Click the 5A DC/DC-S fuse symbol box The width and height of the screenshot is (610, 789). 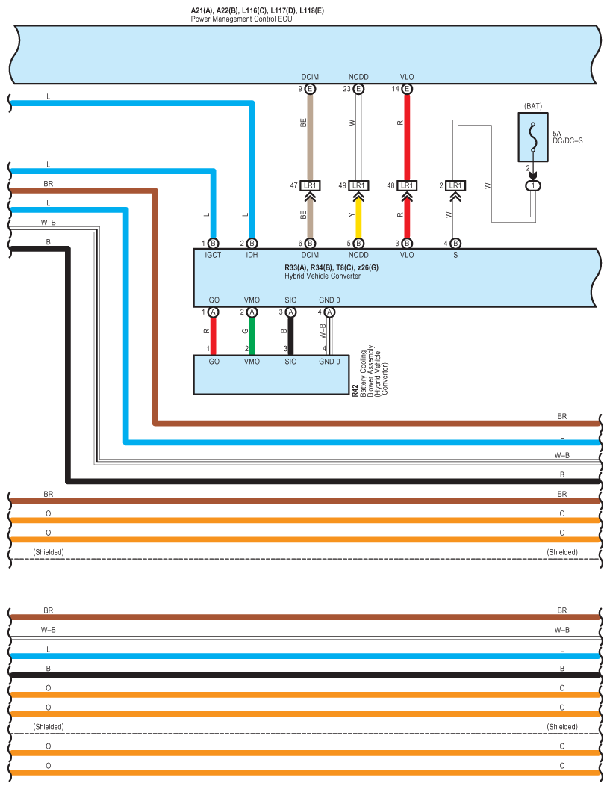(533, 137)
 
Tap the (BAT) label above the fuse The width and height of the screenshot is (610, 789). (533, 106)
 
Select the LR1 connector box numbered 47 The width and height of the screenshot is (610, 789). (310, 186)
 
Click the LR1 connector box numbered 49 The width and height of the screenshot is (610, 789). (358, 186)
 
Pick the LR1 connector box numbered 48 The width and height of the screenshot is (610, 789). (407, 186)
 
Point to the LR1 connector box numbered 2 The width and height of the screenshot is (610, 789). (455, 186)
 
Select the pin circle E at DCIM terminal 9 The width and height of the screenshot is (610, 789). (310, 89)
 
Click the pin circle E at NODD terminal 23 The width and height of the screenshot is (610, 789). (358, 89)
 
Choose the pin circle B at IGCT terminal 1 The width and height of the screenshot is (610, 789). (214, 244)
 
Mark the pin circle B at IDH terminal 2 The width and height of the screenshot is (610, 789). (252, 244)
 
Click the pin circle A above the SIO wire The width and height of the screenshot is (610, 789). (290, 312)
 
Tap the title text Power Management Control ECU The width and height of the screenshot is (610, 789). (241, 19)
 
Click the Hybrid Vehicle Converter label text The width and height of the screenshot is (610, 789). (323, 276)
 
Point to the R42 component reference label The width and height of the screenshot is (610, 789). (355, 391)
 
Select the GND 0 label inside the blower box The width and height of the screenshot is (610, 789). (329, 362)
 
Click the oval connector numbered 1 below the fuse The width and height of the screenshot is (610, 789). (533, 186)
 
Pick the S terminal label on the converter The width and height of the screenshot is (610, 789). (455, 255)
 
